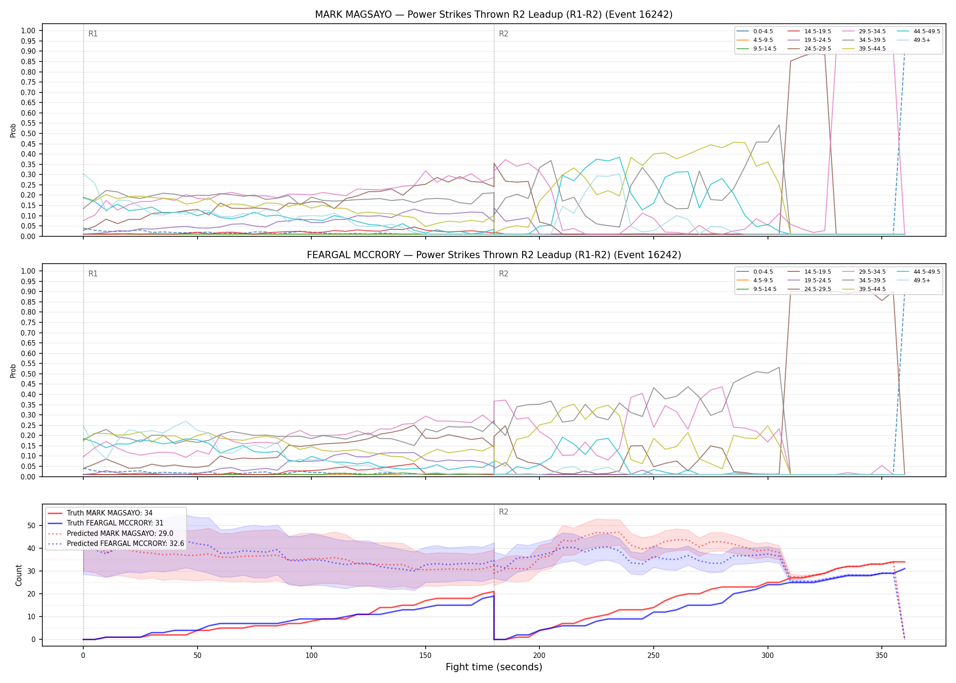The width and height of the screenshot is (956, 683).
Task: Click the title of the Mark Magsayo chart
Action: pyautogui.click(x=494, y=15)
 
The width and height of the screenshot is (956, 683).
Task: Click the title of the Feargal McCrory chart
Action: pyautogui.click(x=494, y=255)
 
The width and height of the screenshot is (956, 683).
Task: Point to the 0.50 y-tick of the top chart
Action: pyautogui.click(x=28, y=134)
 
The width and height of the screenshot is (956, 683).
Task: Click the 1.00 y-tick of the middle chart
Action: pyautogui.click(x=28, y=271)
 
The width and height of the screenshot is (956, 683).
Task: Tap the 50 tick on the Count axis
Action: pyautogui.click(x=31, y=525)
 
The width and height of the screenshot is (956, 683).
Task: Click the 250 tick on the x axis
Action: pyautogui.click(x=653, y=656)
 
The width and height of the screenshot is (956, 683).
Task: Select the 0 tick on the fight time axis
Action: pyautogui.click(x=83, y=656)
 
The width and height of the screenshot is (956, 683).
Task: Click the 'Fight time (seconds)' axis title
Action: pyautogui.click(x=494, y=667)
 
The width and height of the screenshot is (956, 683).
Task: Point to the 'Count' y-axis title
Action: pyautogui.click(x=19, y=575)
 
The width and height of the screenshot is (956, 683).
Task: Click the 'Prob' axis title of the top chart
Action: pyautogui.click(x=13, y=130)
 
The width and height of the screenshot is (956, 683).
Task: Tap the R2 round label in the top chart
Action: pyautogui.click(x=503, y=34)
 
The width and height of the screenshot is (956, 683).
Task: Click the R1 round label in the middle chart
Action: pyautogui.click(x=93, y=274)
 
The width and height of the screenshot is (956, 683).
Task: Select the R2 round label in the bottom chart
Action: pyautogui.click(x=503, y=512)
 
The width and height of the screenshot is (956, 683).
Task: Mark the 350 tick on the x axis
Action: pyautogui.click(x=881, y=656)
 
